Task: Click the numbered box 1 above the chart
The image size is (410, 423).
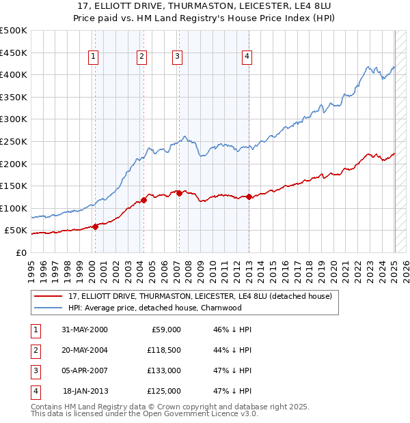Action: (x=92, y=57)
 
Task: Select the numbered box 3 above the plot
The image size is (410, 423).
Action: (x=177, y=57)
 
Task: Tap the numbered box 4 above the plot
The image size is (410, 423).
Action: (x=246, y=57)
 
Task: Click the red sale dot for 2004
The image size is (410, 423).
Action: (x=144, y=200)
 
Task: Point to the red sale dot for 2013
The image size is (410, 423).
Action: (x=249, y=197)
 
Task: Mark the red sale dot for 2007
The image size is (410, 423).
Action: (x=179, y=193)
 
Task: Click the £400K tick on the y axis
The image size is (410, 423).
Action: (x=14, y=74)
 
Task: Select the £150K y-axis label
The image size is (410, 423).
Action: (x=14, y=186)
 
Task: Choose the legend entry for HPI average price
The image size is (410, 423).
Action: (x=154, y=308)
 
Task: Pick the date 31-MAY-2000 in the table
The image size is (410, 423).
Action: (x=84, y=330)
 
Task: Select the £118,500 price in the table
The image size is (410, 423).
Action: (x=165, y=350)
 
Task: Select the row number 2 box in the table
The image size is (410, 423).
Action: (x=33, y=350)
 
